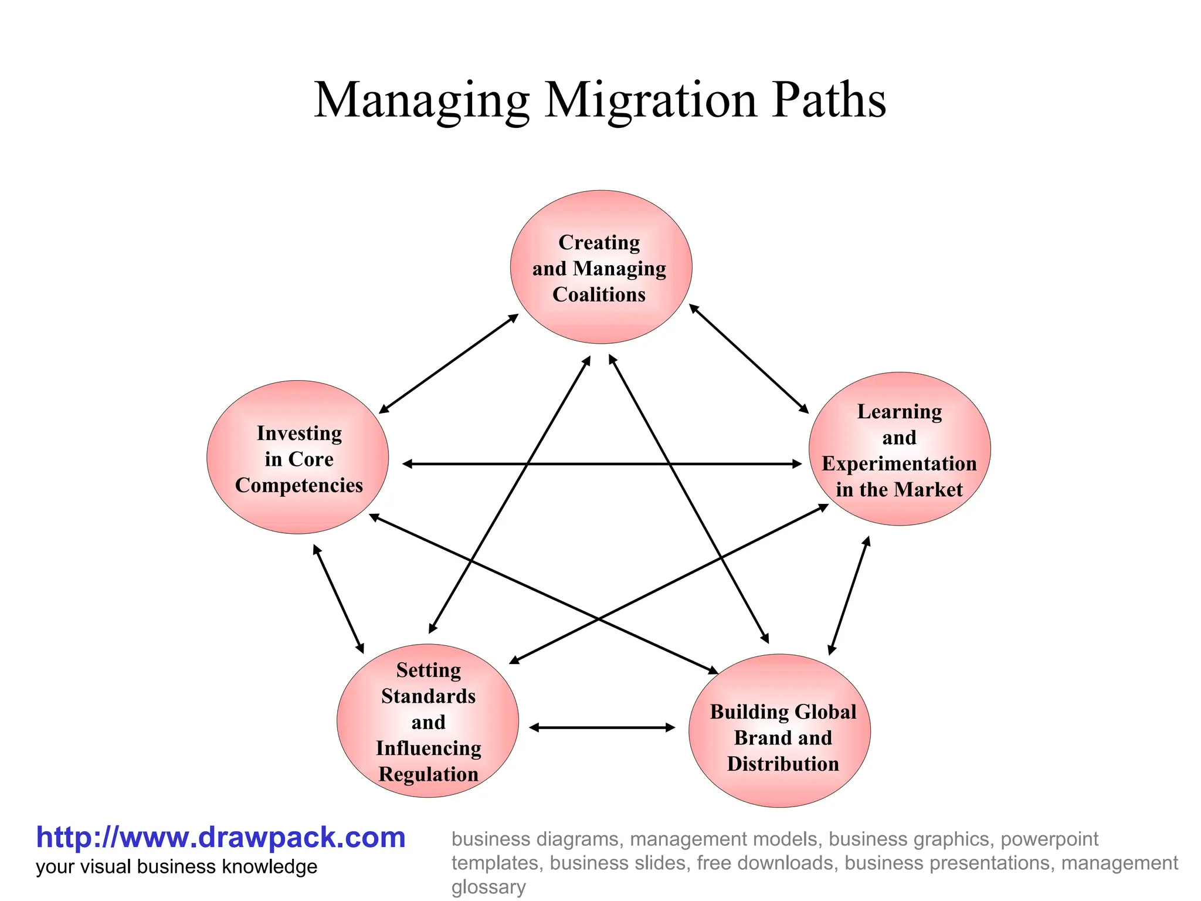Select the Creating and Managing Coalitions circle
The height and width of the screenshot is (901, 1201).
600,267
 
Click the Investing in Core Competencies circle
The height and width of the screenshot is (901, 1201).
297,458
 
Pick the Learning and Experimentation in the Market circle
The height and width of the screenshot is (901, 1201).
899,449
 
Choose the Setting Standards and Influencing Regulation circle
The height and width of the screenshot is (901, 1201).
428,721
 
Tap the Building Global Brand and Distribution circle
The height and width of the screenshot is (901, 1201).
779,731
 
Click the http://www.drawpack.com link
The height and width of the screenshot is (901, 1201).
220,837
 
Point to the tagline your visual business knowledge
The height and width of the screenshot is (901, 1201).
177,867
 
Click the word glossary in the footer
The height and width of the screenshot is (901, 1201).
488,887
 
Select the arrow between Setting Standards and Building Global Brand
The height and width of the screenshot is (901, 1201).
602,728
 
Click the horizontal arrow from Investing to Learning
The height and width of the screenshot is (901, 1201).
602,464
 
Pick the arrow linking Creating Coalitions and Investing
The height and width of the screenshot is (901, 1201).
449,364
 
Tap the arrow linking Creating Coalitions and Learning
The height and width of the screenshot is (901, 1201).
749,358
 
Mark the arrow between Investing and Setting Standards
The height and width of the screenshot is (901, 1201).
338,599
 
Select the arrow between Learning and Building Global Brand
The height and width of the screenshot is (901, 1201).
849,595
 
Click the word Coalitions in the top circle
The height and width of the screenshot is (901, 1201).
599,294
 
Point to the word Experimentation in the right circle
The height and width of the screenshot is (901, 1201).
899,463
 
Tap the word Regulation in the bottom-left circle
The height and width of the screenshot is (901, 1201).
428,774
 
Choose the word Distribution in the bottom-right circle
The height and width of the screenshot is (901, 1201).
783,764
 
